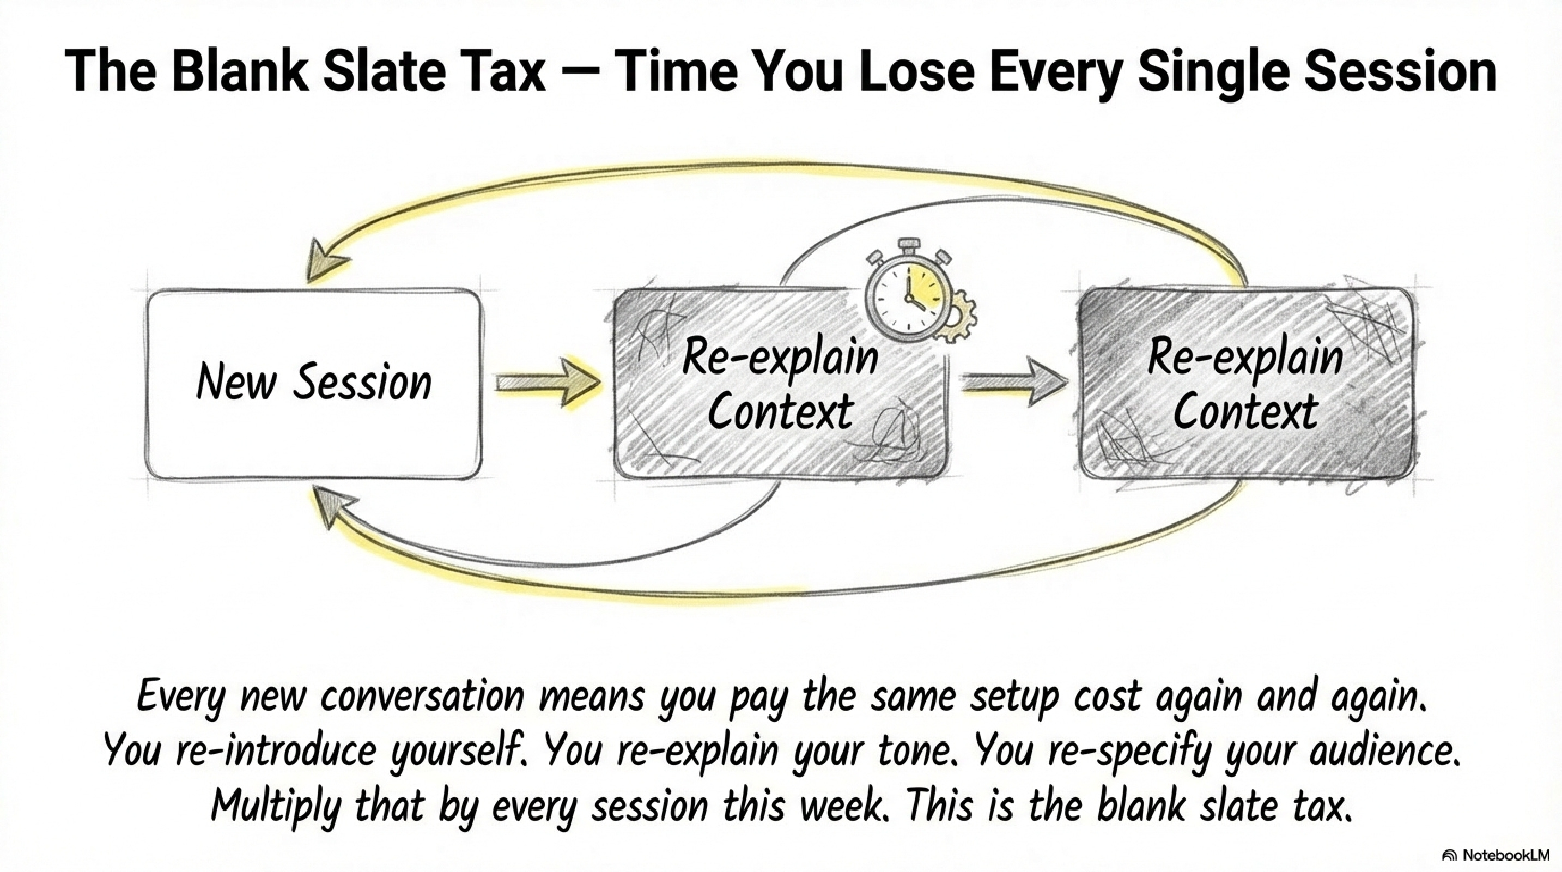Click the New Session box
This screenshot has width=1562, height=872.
pos(313,384)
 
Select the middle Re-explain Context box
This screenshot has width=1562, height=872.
pos(780,384)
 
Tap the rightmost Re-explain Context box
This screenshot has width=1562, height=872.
pos(1245,384)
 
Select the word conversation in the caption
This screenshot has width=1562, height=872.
pos(422,698)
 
